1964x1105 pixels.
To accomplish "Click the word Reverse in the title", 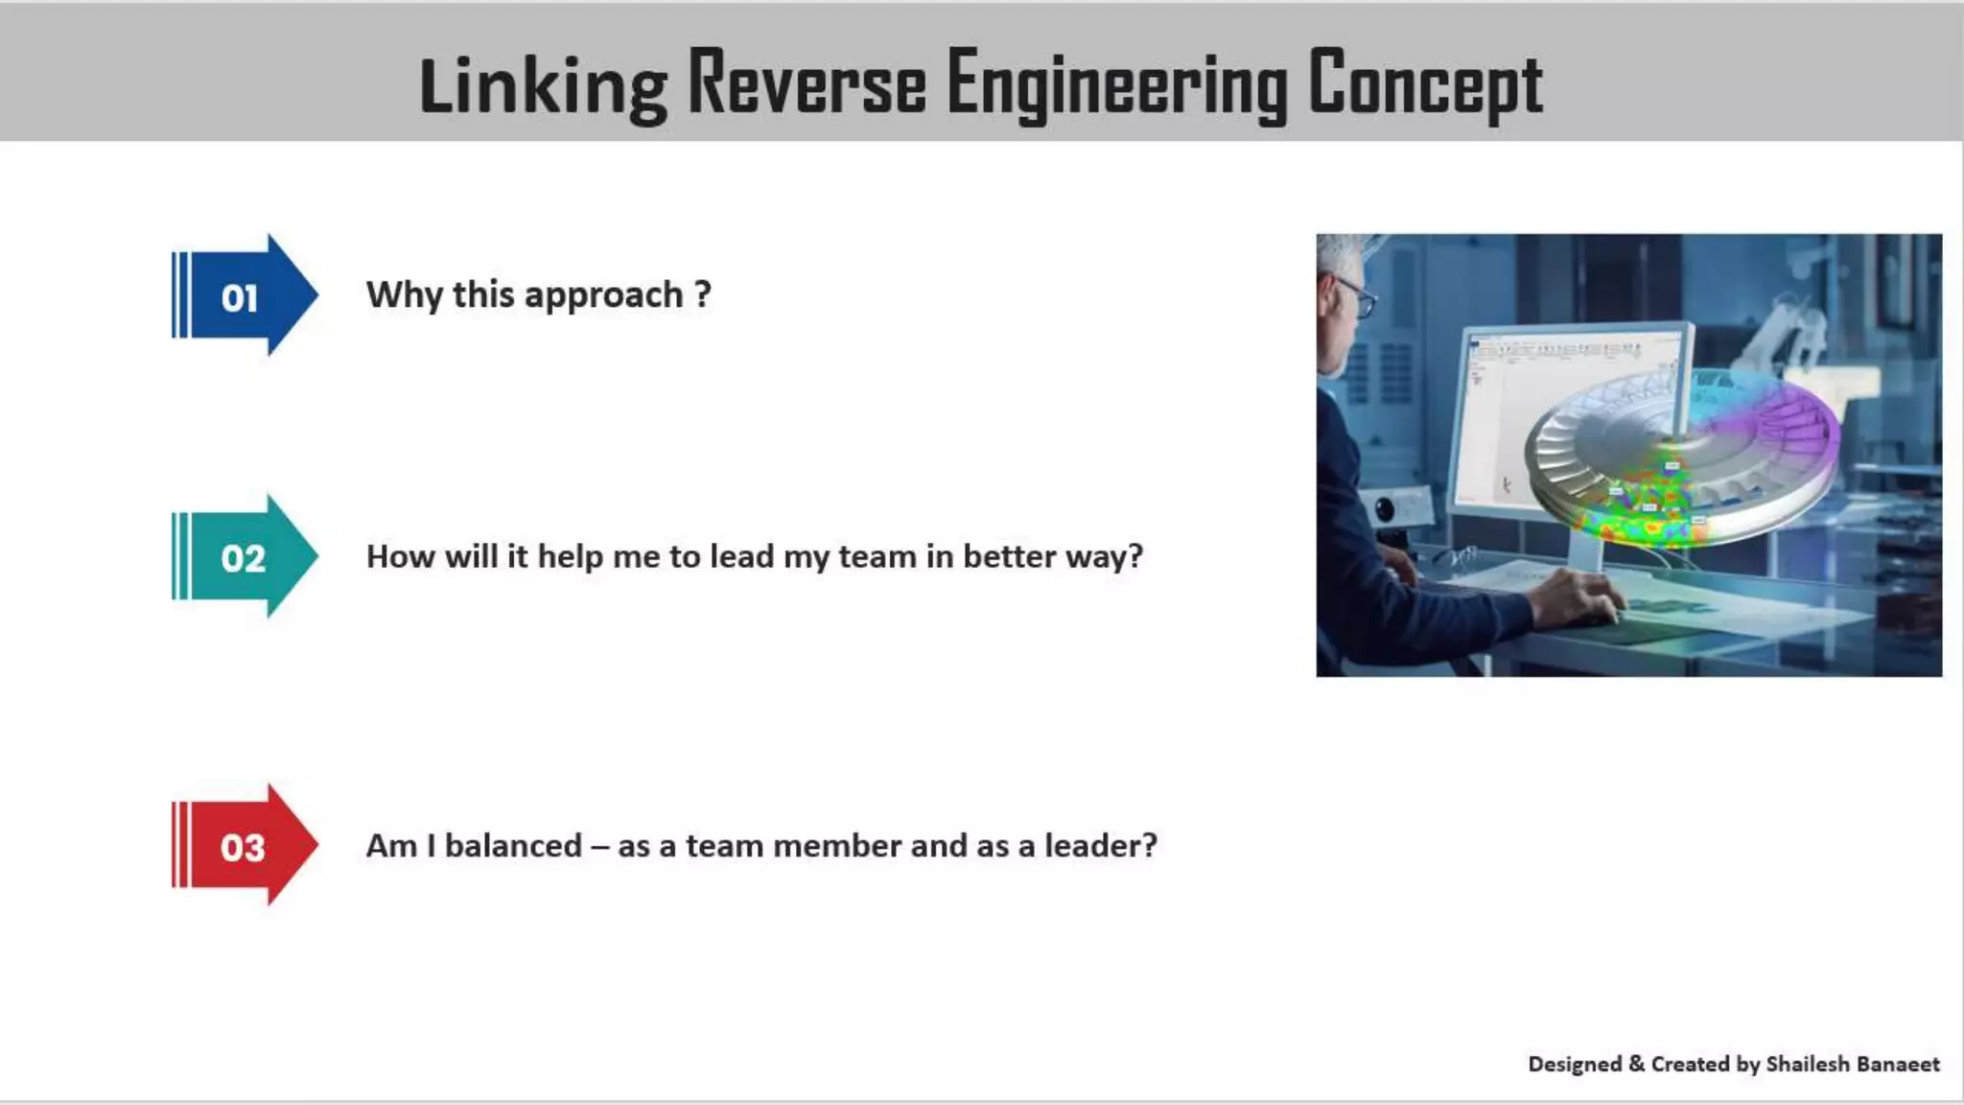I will [x=807, y=84].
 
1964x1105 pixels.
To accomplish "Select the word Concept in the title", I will [x=1425, y=84].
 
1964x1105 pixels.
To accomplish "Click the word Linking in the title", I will [x=543, y=86].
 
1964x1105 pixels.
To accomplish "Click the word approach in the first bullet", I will [x=604, y=295].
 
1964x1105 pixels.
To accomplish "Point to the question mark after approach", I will [x=703, y=294].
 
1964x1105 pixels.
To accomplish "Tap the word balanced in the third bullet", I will [x=513, y=846].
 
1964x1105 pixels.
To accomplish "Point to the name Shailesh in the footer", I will [x=1807, y=1064].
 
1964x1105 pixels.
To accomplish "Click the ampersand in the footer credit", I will [x=1636, y=1064].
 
